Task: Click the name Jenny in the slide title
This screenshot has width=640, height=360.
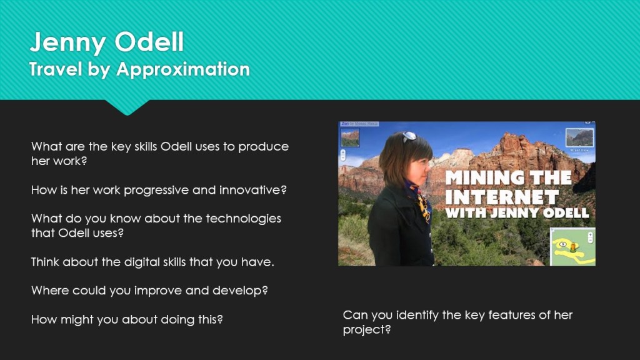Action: (67, 42)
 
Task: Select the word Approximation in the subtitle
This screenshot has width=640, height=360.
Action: (183, 69)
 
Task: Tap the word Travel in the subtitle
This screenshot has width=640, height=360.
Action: (56, 69)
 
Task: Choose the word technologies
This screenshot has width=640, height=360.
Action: (243, 219)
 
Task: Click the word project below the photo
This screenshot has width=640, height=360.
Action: (366, 330)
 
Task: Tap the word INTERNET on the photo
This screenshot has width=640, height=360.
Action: (502, 197)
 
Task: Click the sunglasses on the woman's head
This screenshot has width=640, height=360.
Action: (409, 136)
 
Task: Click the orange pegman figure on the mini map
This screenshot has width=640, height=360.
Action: (573, 246)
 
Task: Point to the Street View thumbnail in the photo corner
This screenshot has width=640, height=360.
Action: (579, 138)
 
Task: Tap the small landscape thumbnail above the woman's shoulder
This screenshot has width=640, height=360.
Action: (350, 138)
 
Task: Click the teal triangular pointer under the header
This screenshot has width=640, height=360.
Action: (127, 107)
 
